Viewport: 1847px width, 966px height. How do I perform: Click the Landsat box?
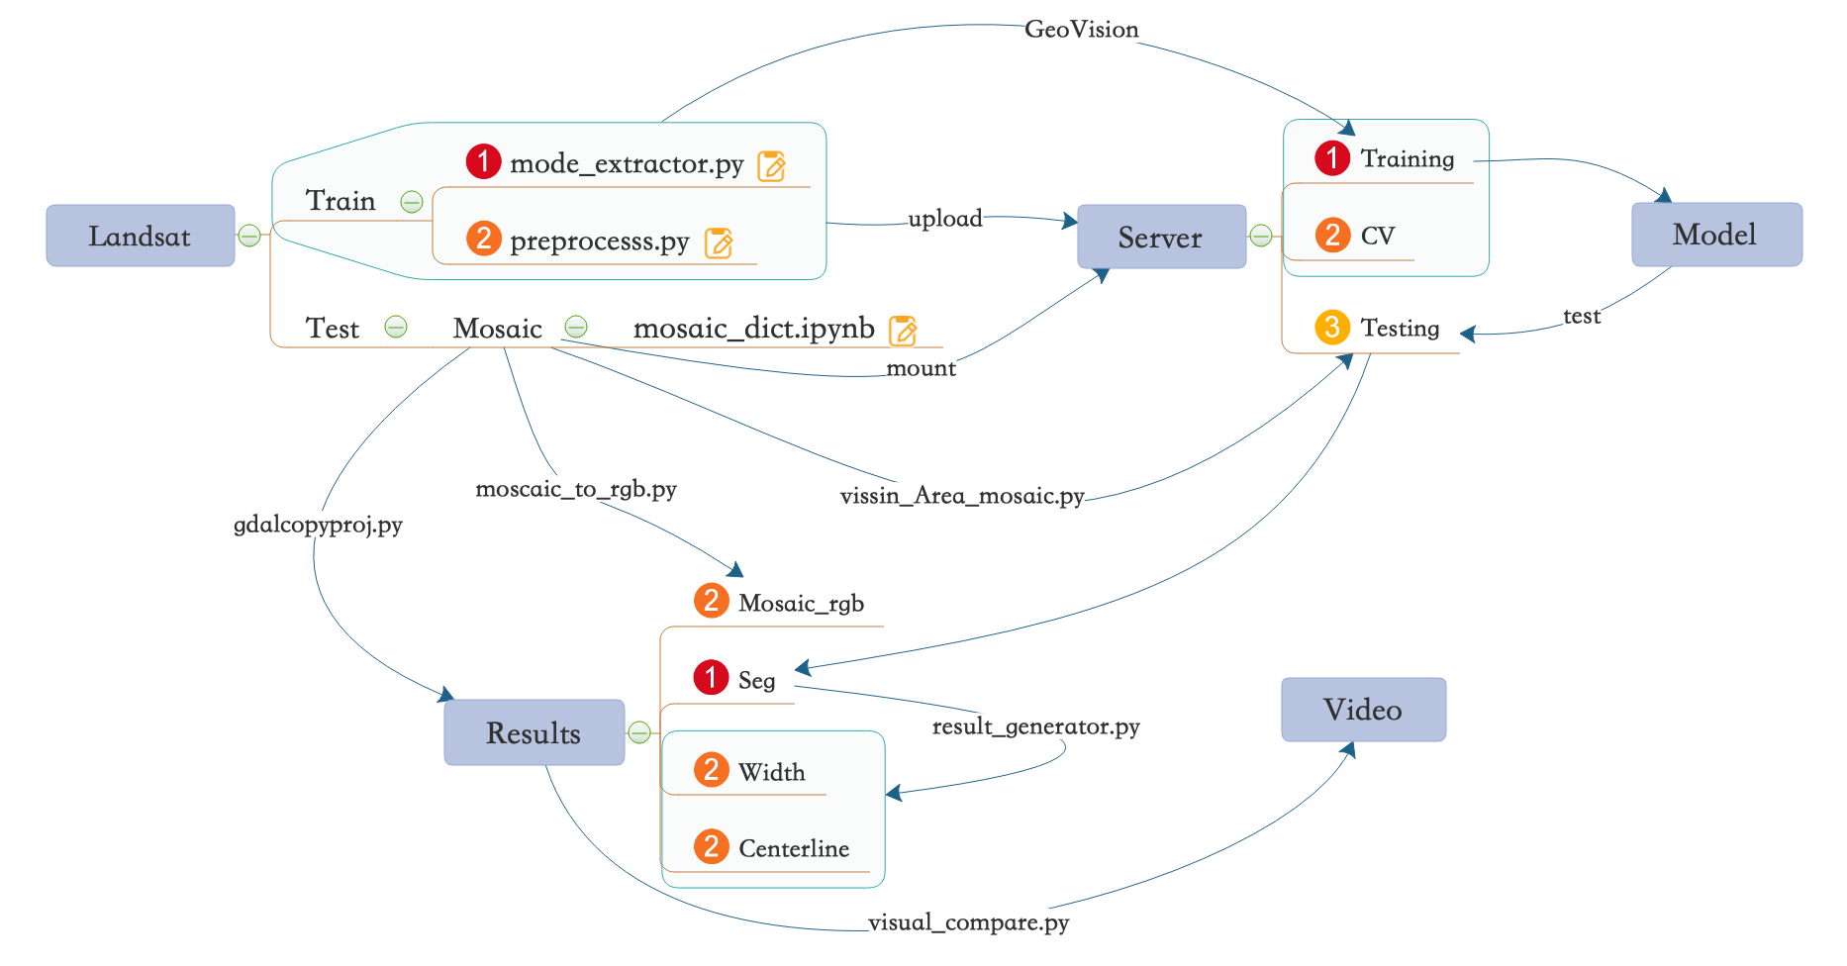coord(140,236)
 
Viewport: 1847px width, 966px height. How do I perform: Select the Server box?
coord(1160,237)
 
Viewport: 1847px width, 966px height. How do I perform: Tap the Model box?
coord(1715,235)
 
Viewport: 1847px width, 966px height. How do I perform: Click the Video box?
coord(1363,710)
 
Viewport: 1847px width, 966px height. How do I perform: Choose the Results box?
coord(534,732)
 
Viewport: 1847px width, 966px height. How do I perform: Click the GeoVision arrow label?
coord(1081,30)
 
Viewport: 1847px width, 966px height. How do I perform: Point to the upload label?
coord(945,219)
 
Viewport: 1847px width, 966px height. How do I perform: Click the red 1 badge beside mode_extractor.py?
coord(483,160)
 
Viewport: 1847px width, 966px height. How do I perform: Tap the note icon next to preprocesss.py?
coord(719,243)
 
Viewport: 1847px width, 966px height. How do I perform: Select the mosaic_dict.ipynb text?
coord(753,329)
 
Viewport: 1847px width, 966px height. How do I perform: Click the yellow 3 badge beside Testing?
coord(1331,327)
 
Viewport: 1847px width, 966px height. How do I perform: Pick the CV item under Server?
coord(1377,236)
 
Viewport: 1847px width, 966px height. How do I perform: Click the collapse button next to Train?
coord(412,202)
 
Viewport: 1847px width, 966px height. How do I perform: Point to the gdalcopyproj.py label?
coord(318,525)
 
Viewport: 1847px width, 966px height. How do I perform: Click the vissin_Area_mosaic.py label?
coord(961,496)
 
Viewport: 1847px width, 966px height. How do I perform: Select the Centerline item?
coord(793,848)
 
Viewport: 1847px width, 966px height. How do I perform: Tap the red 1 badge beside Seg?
coord(711,678)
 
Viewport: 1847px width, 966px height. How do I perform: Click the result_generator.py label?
coord(1035,726)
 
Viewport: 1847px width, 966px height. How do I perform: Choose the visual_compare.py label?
coord(968,922)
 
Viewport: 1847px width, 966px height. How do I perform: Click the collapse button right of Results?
coord(639,732)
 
